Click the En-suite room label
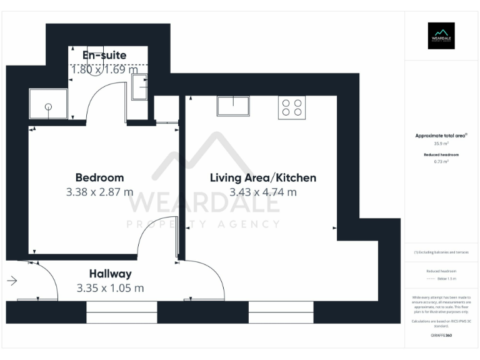(104, 55)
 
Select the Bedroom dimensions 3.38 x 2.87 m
(99, 192)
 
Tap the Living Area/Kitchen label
(262, 177)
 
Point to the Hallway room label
(110, 274)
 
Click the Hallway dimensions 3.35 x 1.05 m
(110, 288)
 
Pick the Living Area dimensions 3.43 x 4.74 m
(262, 192)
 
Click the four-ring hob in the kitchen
(292, 107)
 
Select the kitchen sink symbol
(233, 106)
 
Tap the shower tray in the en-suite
(48, 104)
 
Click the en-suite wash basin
(139, 87)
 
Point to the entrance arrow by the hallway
(12, 281)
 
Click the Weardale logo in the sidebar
(441, 36)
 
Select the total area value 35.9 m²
(441, 143)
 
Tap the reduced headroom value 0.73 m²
(441, 161)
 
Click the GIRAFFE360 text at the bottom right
(441, 336)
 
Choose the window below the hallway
(121, 312)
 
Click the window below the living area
(281, 312)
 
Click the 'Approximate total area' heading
(441, 136)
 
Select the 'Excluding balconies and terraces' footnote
(441, 252)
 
